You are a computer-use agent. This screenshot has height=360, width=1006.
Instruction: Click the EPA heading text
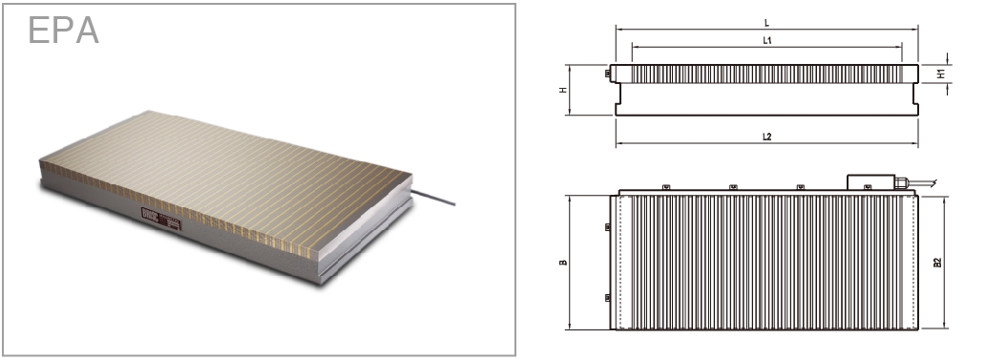[64, 31]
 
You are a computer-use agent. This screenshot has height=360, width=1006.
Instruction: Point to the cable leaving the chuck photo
[433, 198]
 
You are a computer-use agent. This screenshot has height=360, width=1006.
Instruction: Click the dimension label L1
[766, 40]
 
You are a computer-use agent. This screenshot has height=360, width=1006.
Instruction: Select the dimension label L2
[766, 137]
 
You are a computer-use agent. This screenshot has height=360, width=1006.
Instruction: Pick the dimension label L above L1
[766, 23]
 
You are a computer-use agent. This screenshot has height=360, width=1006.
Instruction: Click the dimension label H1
[941, 74]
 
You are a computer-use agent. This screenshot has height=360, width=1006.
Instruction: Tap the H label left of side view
[563, 90]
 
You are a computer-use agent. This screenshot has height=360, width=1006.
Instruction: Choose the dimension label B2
[937, 262]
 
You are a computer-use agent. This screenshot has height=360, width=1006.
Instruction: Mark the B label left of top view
[563, 262]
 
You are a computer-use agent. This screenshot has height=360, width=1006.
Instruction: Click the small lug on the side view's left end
[608, 74]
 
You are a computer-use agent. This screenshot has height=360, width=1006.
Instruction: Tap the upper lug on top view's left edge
[608, 226]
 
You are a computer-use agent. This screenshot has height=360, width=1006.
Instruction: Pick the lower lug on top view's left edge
[608, 298]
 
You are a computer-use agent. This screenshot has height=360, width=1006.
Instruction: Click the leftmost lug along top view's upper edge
[666, 187]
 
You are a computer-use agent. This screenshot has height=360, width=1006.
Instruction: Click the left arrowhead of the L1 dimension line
[635, 47]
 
